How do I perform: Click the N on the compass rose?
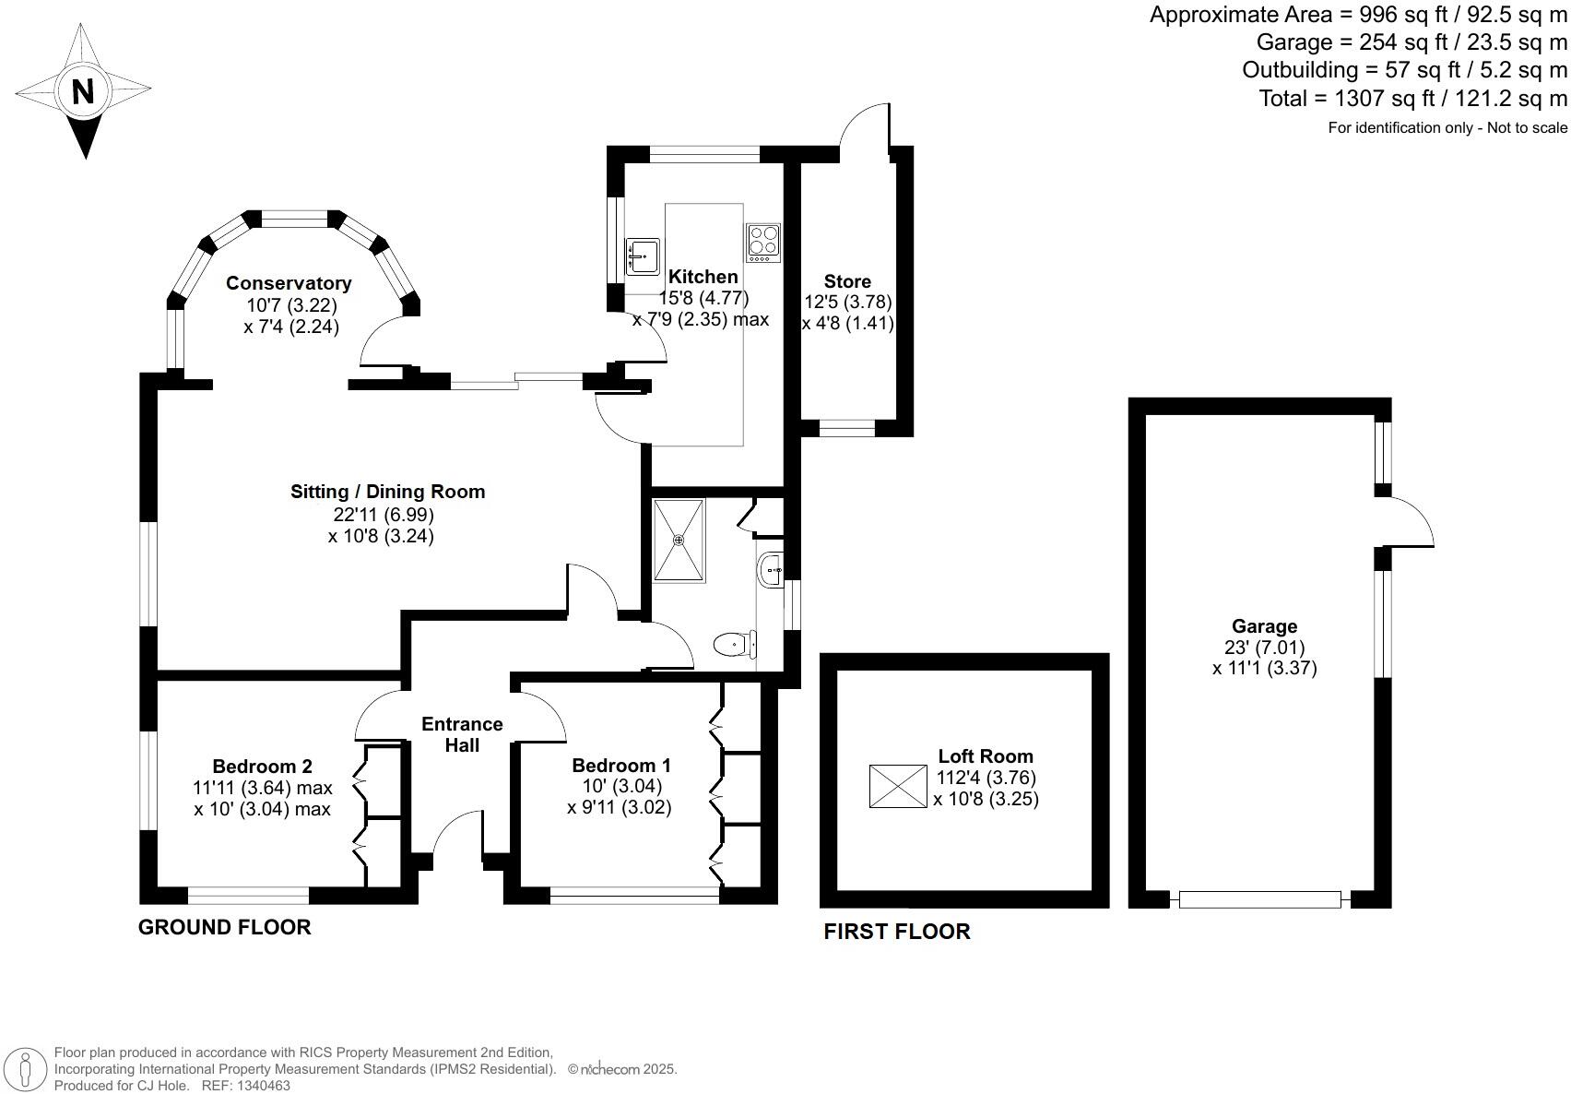(83, 91)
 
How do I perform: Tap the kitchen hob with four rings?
(763, 243)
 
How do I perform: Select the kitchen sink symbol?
(643, 256)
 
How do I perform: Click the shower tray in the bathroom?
(679, 541)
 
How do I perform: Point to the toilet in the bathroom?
(735, 643)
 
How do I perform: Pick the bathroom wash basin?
(770, 571)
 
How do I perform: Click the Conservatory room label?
(289, 283)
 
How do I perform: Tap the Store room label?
(847, 281)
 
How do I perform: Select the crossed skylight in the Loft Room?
(898, 786)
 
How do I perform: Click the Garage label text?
(1264, 626)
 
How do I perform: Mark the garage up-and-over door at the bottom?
(1259, 899)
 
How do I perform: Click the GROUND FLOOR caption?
(224, 927)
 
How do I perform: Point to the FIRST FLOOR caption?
(896, 932)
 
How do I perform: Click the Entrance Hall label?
(462, 734)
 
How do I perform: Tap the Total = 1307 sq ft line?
(1412, 98)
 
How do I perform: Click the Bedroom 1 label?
(620, 766)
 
